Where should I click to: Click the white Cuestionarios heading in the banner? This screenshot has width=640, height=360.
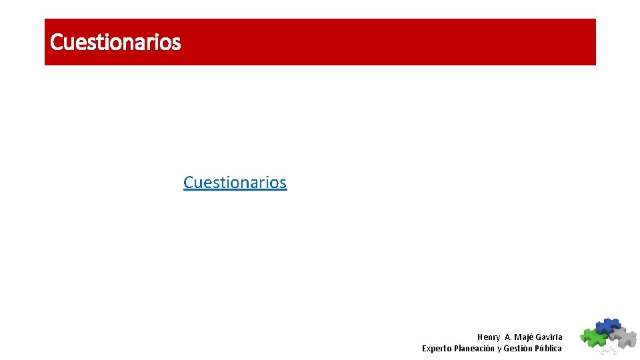(115, 42)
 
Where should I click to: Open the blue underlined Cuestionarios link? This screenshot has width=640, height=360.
(235, 182)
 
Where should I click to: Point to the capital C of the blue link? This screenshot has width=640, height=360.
(189, 182)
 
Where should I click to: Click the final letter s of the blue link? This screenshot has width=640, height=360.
(283, 183)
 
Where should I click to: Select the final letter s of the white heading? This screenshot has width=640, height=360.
(176, 43)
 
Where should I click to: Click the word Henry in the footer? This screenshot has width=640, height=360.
(489, 337)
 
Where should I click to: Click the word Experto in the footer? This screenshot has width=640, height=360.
(436, 349)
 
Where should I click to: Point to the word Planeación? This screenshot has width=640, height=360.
(474, 349)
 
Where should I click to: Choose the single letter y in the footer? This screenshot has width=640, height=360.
(499, 349)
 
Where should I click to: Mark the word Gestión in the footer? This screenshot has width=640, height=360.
(518, 349)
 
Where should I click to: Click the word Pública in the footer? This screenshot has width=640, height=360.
(549, 349)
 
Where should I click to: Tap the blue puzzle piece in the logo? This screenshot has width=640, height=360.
(607, 325)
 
